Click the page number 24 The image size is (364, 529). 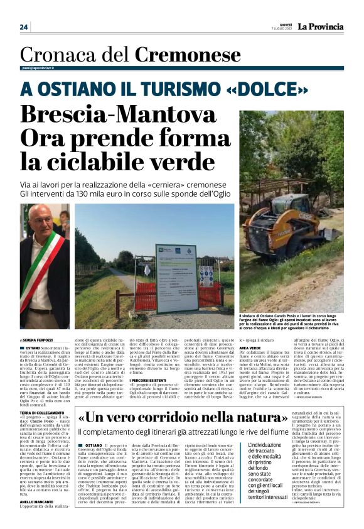(24, 27)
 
